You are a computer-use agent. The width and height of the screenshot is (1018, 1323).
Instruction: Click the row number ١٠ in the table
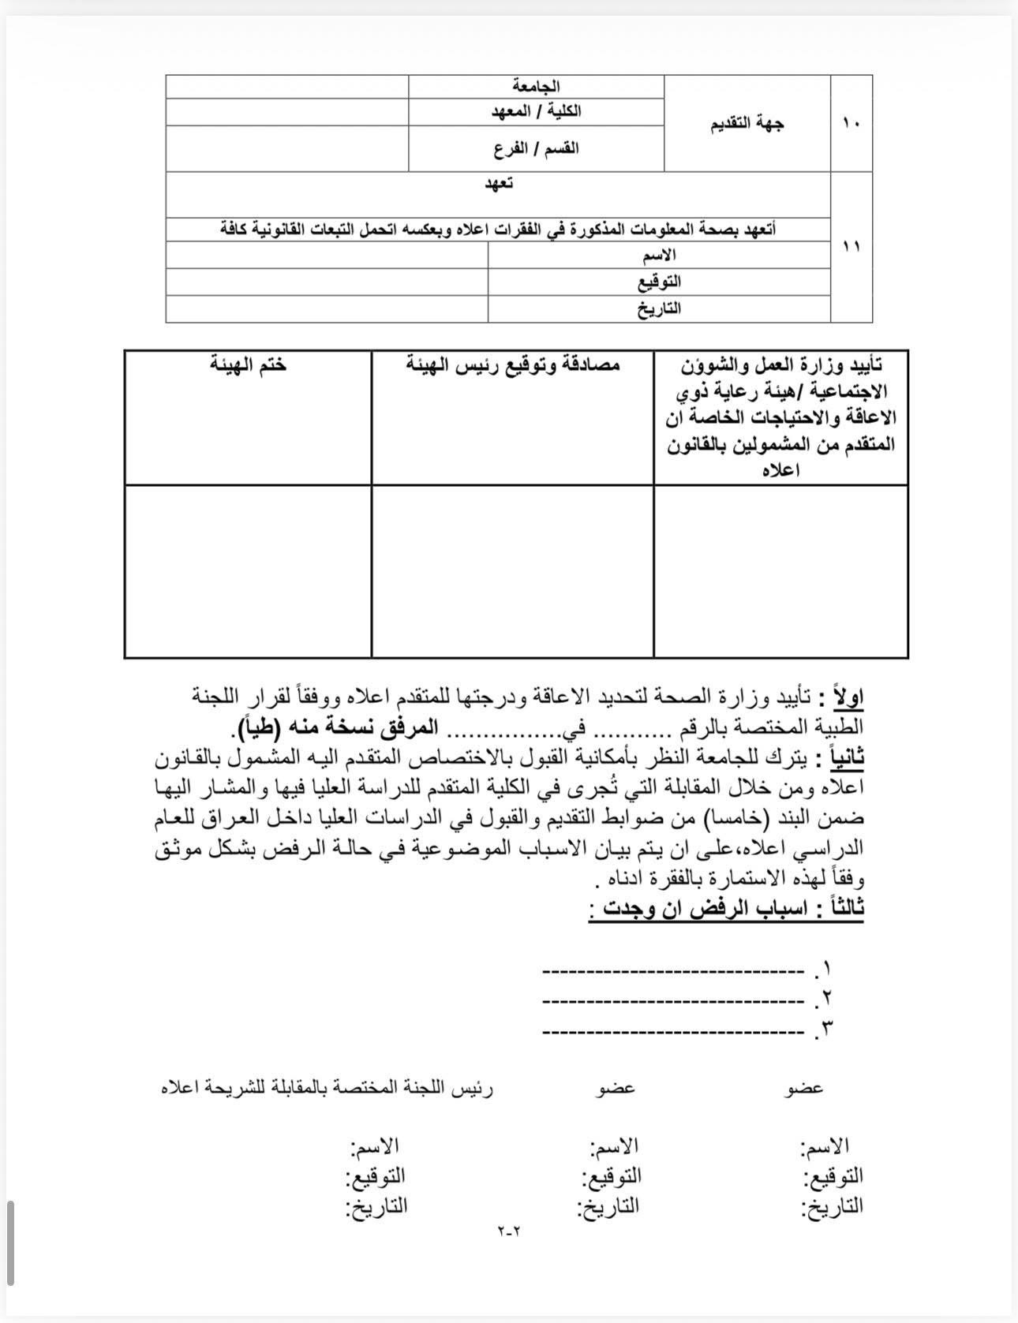tap(851, 123)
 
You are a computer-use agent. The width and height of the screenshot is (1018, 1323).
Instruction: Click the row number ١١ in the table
tap(851, 247)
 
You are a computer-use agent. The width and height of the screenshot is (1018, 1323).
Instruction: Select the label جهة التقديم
tap(747, 123)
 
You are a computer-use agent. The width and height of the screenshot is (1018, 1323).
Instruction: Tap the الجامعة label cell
tap(536, 87)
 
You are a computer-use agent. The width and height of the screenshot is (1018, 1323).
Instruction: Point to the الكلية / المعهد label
tap(536, 111)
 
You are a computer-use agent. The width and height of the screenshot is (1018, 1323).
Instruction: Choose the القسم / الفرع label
tap(536, 148)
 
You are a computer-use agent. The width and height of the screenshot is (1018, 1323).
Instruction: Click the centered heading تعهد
tap(498, 184)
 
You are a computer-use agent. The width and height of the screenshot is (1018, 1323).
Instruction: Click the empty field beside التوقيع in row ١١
tap(327, 282)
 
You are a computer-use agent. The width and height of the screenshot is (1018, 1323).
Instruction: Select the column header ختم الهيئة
tap(248, 364)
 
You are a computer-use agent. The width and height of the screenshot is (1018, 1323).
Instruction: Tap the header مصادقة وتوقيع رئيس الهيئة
tap(513, 364)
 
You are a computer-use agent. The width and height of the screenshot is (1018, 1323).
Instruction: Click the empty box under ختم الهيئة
tap(248, 570)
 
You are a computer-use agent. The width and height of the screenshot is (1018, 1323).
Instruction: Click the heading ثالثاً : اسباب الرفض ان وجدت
tap(726, 908)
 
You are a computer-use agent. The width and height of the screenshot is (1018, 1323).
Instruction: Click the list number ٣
tap(826, 1028)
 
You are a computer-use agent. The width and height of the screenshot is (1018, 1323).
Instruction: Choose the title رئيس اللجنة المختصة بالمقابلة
tap(327, 1088)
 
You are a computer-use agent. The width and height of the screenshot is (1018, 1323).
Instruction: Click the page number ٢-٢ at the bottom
tap(510, 1230)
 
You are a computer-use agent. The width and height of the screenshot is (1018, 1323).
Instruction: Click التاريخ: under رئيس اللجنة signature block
tap(376, 1205)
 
